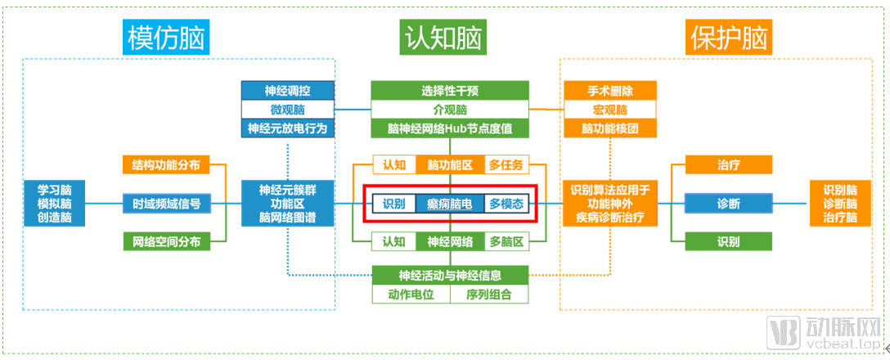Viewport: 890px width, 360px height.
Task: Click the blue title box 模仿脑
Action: [x=164, y=37]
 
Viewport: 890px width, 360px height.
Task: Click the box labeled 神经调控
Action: [x=288, y=90]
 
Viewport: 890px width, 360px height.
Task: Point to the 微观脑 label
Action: [x=288, y=110]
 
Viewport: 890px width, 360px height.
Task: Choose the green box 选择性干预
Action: [x=449, y=90]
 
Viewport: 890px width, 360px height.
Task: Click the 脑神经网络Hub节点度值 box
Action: [x=449, y=128]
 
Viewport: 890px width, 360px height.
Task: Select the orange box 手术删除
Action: [x=610, y=90]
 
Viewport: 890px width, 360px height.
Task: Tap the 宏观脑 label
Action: [x=610, y=110]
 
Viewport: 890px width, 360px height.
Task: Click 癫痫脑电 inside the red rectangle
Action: [x=450, y=204]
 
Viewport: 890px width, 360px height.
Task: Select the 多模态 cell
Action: [x=506, y=204]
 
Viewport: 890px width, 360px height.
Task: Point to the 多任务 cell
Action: [x=506, y=165]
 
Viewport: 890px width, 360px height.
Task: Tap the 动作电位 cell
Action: [x=411, y=295]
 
